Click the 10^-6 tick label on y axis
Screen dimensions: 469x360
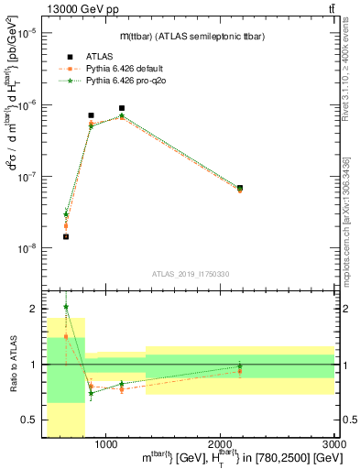30,104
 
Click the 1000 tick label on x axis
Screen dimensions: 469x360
105,443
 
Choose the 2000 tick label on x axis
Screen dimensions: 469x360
220,443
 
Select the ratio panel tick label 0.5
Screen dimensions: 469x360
33,420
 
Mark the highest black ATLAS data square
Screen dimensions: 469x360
121,108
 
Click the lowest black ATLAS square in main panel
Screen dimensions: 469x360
66,236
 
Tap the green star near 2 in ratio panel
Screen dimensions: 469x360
66,307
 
